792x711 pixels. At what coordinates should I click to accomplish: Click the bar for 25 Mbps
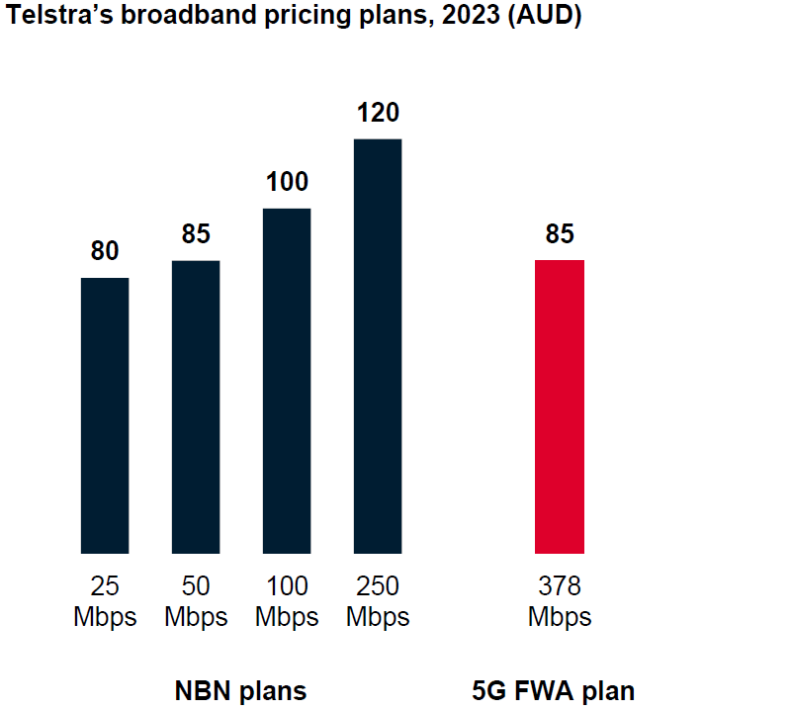[105, 415]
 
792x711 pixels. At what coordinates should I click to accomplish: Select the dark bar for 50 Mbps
[196, 406]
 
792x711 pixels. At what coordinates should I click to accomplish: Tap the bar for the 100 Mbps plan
[287, 381]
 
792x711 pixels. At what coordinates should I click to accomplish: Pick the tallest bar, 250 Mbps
[378, 346]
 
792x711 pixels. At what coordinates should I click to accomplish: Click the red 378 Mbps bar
[560, 406]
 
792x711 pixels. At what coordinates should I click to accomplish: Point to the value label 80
[105, 251]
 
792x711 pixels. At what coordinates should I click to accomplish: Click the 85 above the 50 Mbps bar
[196, 234]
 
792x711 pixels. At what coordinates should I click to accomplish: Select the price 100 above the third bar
[287, 182]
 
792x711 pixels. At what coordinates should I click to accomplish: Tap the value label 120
[378, 113]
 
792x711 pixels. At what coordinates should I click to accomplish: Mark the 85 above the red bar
[560, 234]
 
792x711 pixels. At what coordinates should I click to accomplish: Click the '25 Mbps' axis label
[105, 601]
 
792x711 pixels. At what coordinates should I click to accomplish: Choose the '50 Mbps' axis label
[196, 601]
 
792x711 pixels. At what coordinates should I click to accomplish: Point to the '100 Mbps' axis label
[287, 601]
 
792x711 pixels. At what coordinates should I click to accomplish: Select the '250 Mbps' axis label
[378, 601]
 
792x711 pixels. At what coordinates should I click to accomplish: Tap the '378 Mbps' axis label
[560, 601]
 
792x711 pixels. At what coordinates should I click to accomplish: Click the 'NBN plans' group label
[240, 690]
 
